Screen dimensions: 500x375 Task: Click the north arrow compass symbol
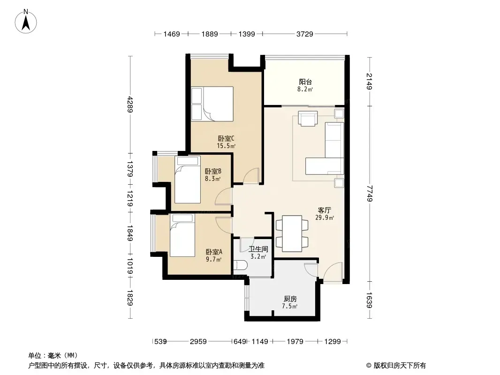(x=26, y=22)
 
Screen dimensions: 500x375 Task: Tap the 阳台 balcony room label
(x=305, y=82)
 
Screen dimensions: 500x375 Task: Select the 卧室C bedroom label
(x=226, y=139)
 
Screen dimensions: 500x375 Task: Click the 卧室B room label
(x=213, y=172)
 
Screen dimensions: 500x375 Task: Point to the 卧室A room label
(x=214, y=252)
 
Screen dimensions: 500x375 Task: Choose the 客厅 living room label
(x=324, y=210)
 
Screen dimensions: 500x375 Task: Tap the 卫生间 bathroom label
(x=258, y=249)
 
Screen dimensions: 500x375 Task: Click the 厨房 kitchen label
(x=290, y=299)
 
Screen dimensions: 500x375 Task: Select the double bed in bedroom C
(x=212, y=104)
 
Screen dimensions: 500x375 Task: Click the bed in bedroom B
(x=188, y=180)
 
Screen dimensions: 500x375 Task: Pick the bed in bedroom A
(x=182, y=235)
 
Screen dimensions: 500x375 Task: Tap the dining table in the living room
(x=292, y=233)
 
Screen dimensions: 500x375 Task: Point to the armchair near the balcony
(x=308, y=118)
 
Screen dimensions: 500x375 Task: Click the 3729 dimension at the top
(x=304, y=34)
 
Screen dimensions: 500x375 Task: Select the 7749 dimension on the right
(x=370, y=194)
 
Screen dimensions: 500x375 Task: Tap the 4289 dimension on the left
(x=130, y=104)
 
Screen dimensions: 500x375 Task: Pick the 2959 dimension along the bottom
(x=198, y=342)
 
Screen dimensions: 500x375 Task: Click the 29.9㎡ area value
(x=324, y=218)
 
